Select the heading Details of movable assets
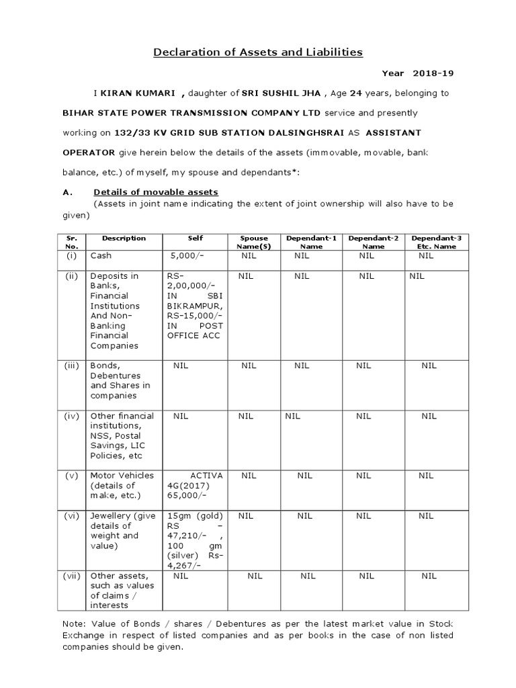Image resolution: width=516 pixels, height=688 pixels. (x=156, y=192)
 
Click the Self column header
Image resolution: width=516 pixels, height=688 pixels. (x=196, y=239)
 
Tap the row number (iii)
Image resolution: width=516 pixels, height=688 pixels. (x=72, y=365)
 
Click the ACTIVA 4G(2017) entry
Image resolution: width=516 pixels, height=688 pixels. (x=194, y=485)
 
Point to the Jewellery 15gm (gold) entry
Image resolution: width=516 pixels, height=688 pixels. (x=196, y=515)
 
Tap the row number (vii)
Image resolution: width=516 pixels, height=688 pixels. (x=72, y=576)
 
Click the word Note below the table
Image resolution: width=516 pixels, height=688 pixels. (x=73, y=623)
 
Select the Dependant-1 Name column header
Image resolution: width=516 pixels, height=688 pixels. (x=312, y=242)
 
